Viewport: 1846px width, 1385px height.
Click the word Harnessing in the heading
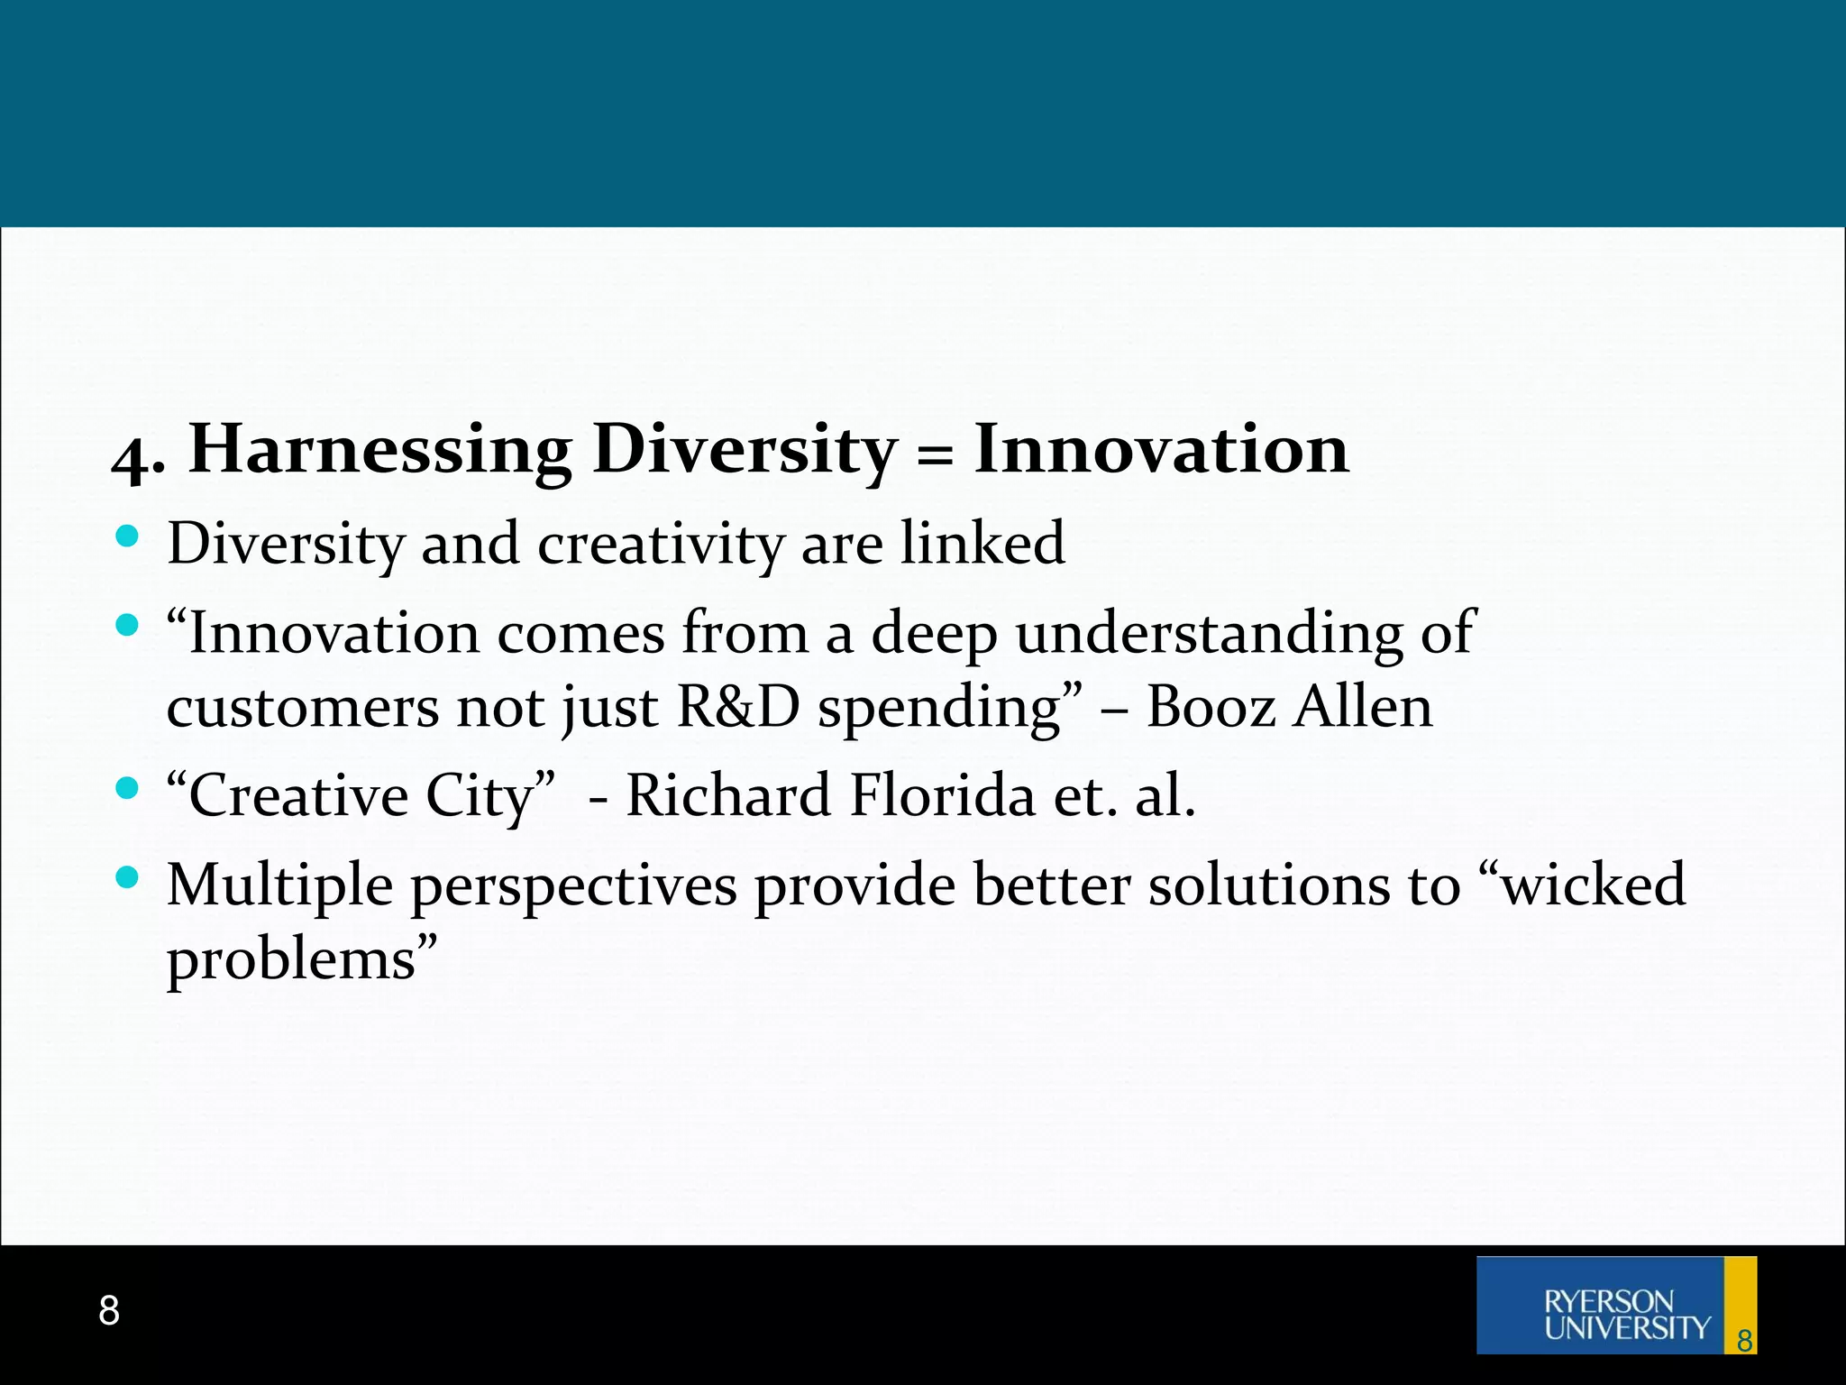tap(379, 450)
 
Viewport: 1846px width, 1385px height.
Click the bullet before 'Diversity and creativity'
tap(127, 537)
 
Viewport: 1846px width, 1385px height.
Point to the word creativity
tap(661, 545)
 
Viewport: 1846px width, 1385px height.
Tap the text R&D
tap(737, 707)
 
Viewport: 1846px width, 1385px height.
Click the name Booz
tap(1211, 707)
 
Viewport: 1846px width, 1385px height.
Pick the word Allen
tap(1362, 707)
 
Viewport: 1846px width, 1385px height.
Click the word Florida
tap(943, 796)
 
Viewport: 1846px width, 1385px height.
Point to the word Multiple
tap(279, 885)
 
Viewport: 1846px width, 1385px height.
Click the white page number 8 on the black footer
tap(109, 1310)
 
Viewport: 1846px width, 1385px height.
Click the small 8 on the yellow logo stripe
tap(1744, 1341)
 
